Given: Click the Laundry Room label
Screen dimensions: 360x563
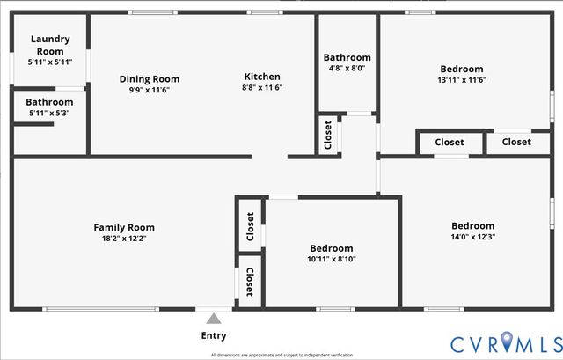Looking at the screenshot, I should click(x=49, y=45).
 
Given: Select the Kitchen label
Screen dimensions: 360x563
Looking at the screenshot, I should click(x=262, y=76).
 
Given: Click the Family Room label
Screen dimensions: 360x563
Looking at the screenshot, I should click(x=124, y=228).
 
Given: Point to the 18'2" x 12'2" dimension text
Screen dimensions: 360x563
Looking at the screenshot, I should click(x=124, y=239).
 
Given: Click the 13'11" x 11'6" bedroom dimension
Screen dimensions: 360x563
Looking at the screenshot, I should click(x=462, y=80).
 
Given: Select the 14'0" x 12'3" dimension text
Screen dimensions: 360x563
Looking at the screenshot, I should click(x=472, y=237).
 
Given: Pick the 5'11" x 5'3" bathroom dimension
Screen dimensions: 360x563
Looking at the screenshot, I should click(x=49, y=113).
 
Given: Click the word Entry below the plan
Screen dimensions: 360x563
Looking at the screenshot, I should click(x=214, y=335).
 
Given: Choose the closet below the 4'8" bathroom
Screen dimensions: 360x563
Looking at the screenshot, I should click(x=328, y=135).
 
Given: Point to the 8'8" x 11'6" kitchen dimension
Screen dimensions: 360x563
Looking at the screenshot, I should click(x=262, y=87).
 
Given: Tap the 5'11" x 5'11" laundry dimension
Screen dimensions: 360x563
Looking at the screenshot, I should click(x=49, y=62).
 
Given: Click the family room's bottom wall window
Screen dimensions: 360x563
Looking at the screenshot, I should click(x=101, y=309).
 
